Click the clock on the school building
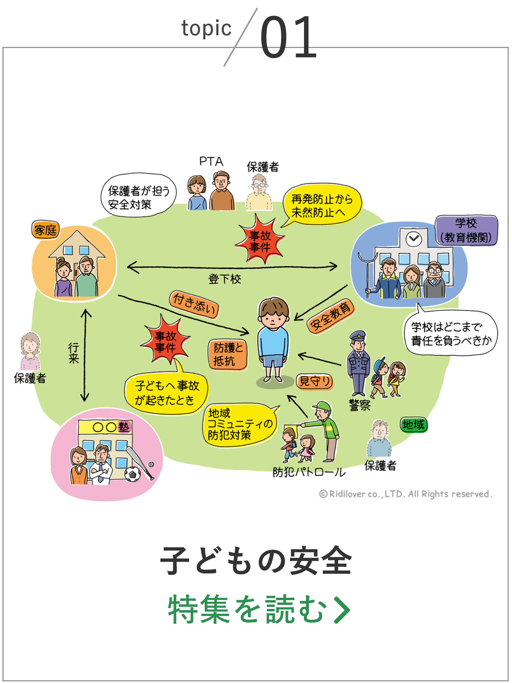point(414,239)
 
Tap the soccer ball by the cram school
point(132,474)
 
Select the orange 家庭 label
point(46,230)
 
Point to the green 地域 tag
point(414,425)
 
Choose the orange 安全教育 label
point(331,316)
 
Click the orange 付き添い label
point(194,304)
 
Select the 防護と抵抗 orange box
point(228,354)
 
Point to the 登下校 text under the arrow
point(224,279)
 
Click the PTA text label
point(211,161)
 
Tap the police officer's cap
point(358,335)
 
